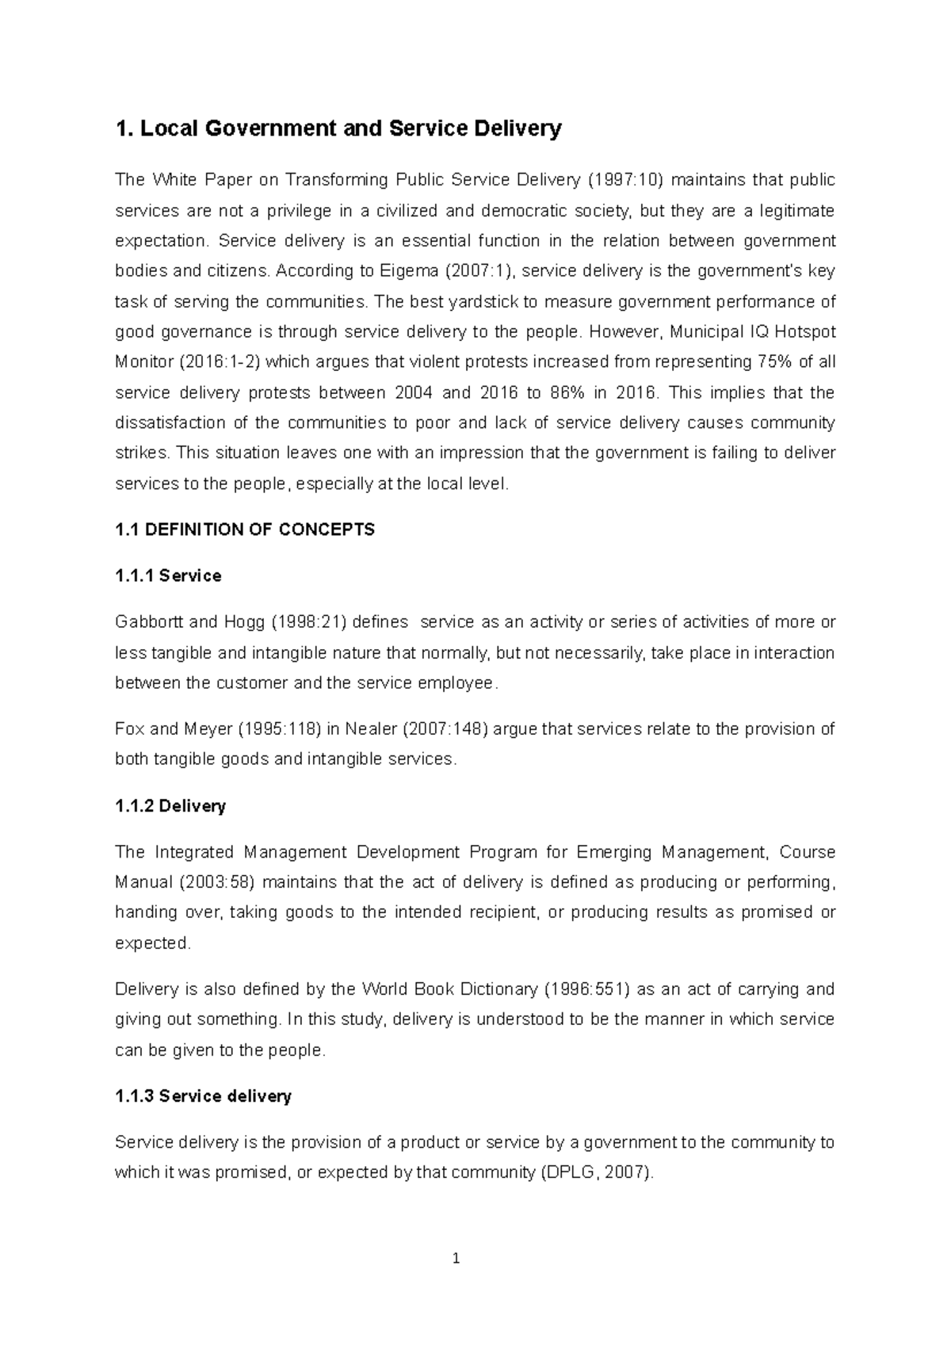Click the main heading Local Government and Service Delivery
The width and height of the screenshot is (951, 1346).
coord(338,128)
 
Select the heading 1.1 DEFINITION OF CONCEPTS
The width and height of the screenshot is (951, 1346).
coord(245,530)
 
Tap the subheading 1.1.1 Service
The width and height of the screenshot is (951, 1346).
coord(168,576)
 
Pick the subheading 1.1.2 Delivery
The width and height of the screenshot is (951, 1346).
coord(170,806)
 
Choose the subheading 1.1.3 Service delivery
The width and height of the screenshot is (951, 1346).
coord(203,1096)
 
